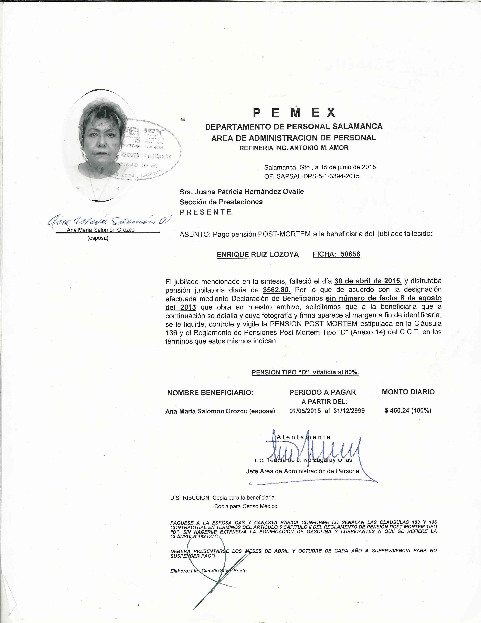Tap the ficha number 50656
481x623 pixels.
[350, 254]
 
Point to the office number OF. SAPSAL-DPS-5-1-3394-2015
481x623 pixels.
[312, 176]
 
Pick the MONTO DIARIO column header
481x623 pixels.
[408, 392]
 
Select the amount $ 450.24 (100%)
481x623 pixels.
[408, 411]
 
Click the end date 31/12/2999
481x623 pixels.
[349, 411]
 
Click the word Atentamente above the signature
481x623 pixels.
[303, 437]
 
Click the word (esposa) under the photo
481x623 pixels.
[98, 238]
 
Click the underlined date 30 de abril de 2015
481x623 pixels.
[368, 281]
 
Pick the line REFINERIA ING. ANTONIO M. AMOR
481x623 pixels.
[294, 148]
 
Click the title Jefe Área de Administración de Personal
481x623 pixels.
[303, 471]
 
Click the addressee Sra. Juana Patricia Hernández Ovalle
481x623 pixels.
[242, 191]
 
